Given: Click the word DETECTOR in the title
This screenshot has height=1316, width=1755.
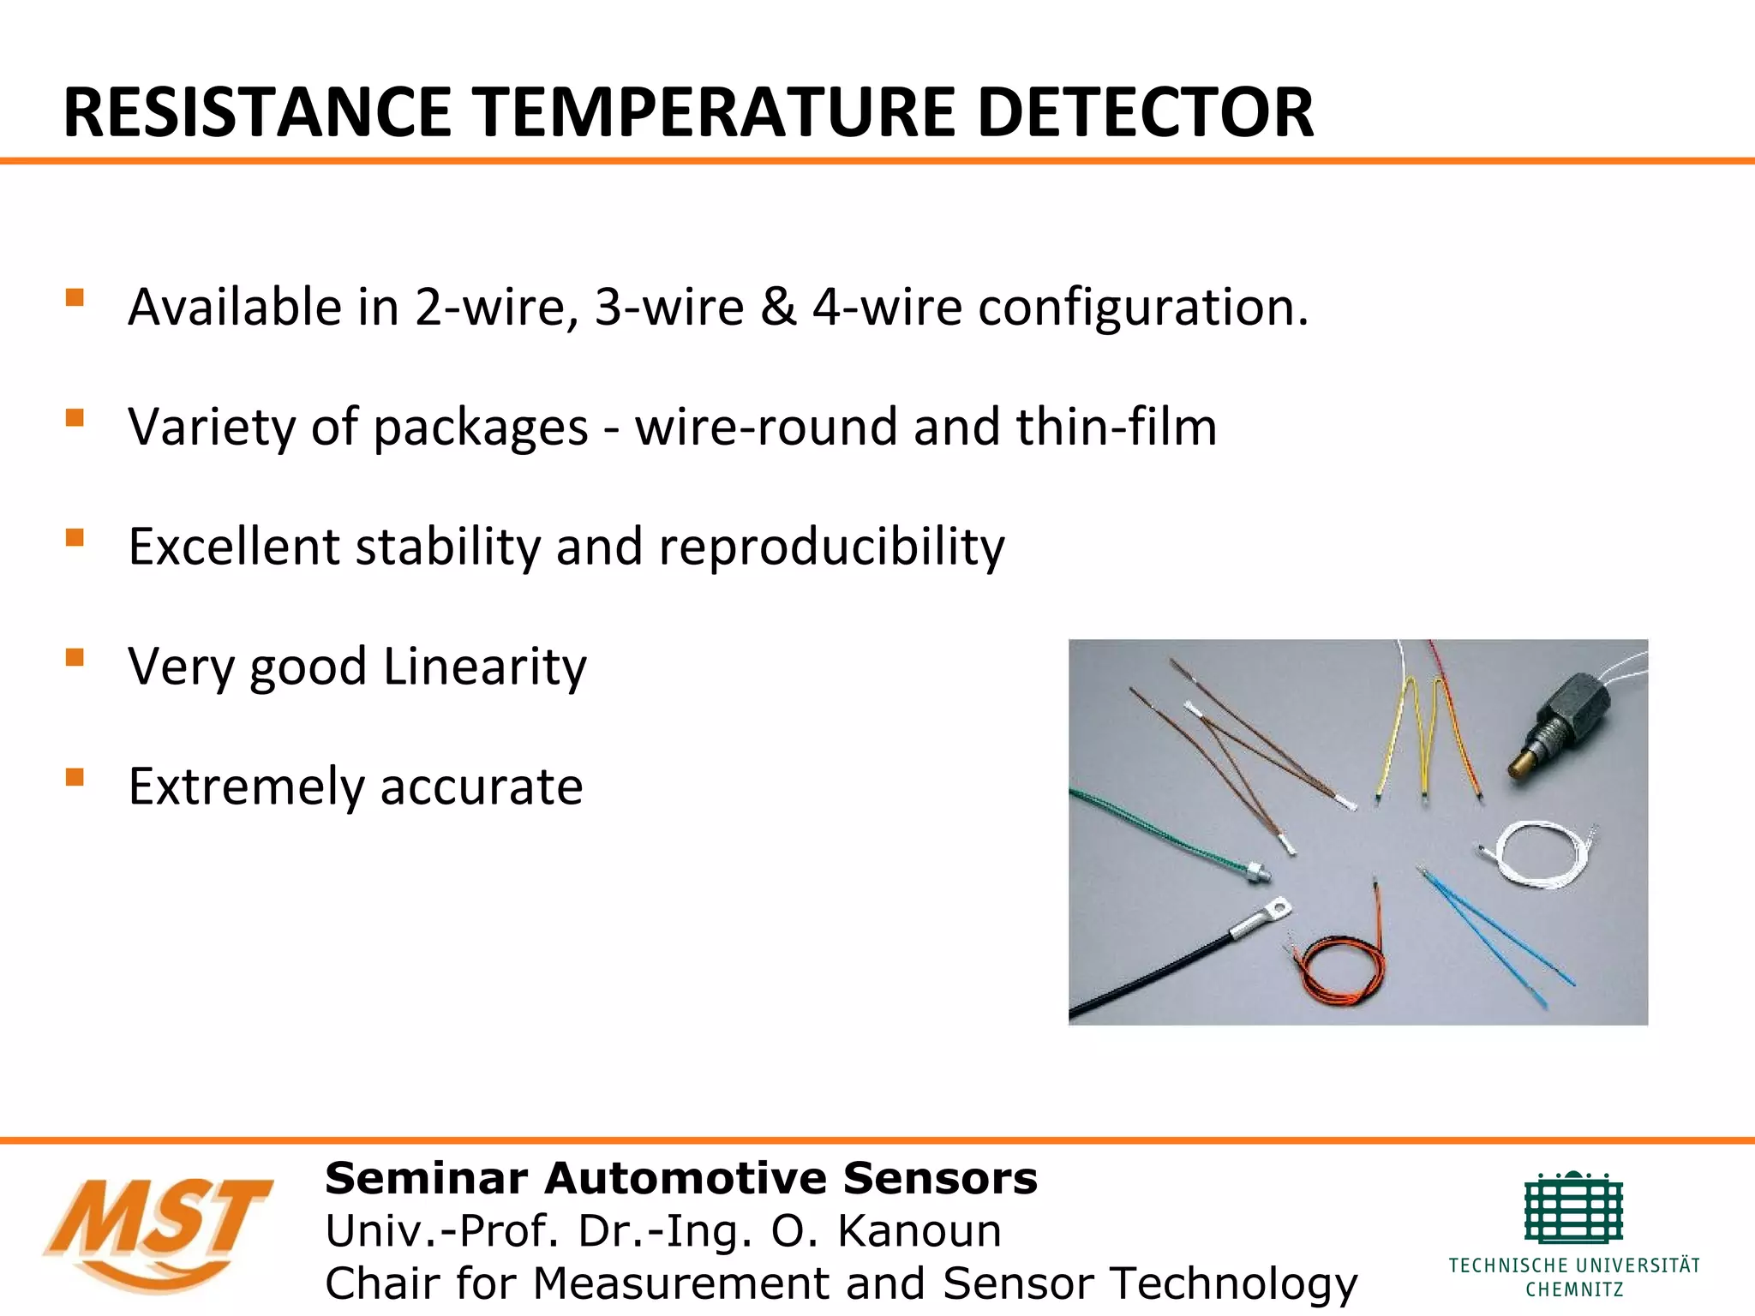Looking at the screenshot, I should (1145, 112).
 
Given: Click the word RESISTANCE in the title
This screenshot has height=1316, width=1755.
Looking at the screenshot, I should (257, 112).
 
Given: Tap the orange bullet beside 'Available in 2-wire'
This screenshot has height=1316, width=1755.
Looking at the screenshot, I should (75, 298).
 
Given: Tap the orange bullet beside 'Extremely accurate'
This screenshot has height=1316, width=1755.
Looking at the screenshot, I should (75, 777).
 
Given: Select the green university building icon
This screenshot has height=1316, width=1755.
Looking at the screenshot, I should (1573, 1208).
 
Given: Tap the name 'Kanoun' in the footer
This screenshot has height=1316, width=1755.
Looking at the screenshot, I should (919, 1231).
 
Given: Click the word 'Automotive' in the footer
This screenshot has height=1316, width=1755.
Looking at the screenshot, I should (686, 1178).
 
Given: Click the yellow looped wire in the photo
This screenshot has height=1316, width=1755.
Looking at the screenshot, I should (1405, 728).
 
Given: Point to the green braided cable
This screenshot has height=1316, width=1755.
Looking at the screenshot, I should (1157, 827).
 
